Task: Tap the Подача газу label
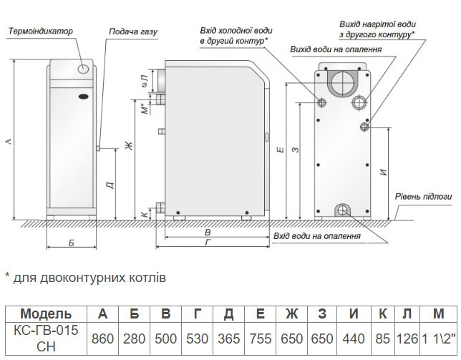click(x=132, y=32)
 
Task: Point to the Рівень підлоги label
click(x=423, y=195)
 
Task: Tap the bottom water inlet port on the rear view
click(x=343, y=210)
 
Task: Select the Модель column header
click(x=46, y=314)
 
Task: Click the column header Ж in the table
click(x=291, y=314)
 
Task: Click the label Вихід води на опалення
click(x=335, y=49)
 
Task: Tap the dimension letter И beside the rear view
click(x=384, y=172)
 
